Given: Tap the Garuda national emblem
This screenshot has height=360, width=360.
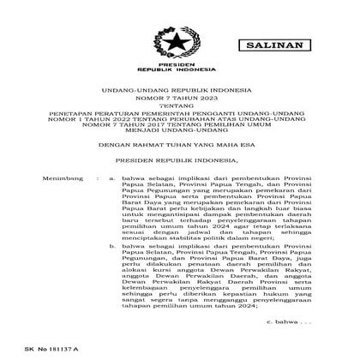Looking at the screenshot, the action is [180, 39].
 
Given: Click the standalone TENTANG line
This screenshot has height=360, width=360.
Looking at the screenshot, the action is [180, 109].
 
